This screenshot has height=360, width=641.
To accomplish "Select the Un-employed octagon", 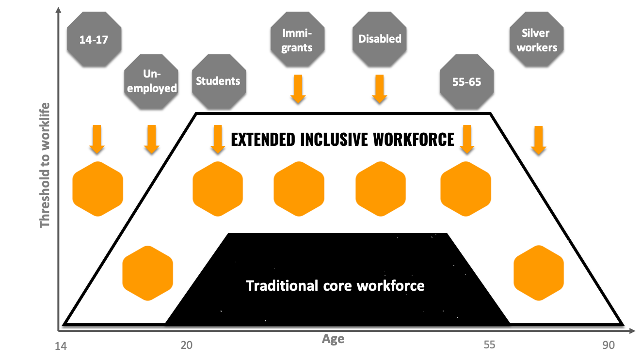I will coord(151,80).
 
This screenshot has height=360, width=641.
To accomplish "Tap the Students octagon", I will coord(218,80).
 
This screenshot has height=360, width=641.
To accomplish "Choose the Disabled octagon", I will coord(380,39).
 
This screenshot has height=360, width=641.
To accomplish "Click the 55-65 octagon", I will coord(466,81).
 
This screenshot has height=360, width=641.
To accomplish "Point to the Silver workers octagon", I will coord(536,40).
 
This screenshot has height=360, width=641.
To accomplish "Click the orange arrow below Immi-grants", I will coord(298,89).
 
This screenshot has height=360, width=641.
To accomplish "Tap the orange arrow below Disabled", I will coord(379,89).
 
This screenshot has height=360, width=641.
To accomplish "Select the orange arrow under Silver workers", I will coord(538,140).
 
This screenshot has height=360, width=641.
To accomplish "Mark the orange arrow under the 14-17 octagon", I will coord(96,139).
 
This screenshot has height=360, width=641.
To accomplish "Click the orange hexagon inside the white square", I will coord(97,189).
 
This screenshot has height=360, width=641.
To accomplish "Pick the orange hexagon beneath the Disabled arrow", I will coord(380,189).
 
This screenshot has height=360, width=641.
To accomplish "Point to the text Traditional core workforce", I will coord(335,285).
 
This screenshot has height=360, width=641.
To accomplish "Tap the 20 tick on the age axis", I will coord(187,345).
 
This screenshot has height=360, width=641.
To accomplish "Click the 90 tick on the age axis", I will coord(609,345).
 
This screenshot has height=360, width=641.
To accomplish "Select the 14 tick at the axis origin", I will coord(61,345).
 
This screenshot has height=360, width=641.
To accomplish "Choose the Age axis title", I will coord(333,339).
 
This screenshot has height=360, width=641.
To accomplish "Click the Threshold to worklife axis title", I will coord(45,165).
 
